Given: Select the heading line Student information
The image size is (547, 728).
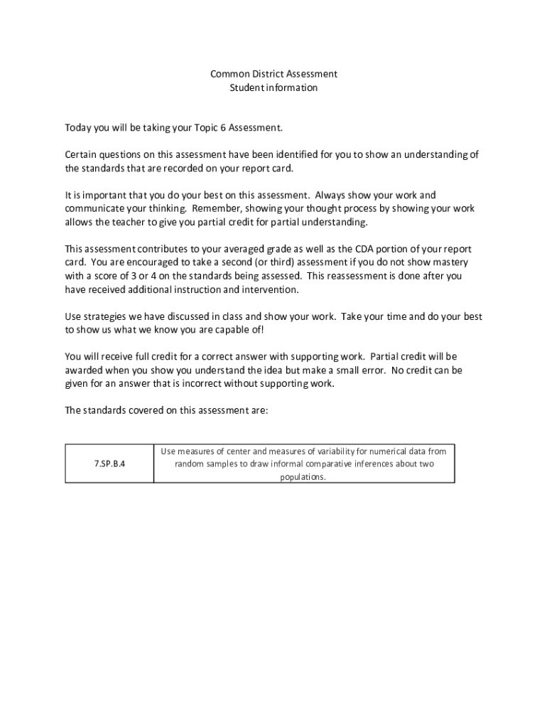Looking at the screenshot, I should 273,88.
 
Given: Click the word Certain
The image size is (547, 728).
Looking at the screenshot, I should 81,155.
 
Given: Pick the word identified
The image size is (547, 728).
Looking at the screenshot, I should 300,155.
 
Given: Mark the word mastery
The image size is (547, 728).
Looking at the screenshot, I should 451,263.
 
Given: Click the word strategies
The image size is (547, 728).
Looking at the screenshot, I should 103,317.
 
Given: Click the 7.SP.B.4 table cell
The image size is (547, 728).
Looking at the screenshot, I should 109,464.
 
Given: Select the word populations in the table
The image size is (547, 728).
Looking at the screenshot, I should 303,478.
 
